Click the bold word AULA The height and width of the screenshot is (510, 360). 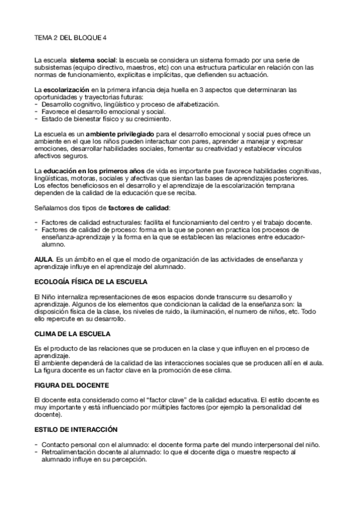44,259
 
